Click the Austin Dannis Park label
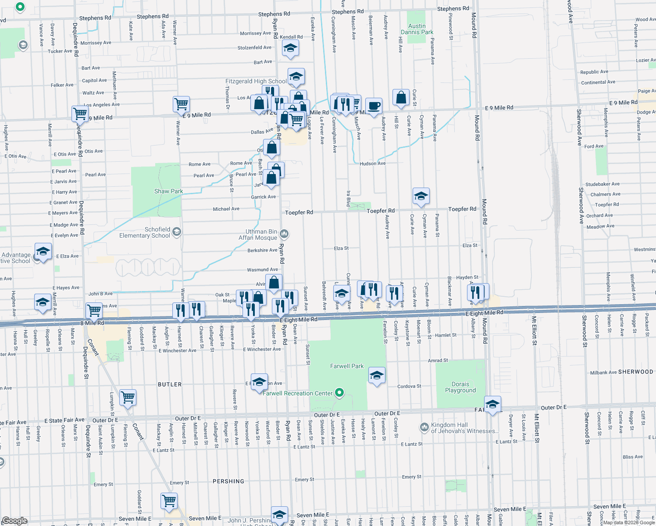pos(417,29)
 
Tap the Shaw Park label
pos(168,191)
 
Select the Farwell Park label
pos(346,366)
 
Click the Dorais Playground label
pos(460,387)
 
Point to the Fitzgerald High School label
pos(256,81)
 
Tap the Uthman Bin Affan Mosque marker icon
pos(284,234)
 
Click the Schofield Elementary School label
pos(145,232)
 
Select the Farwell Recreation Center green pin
pos(339,392)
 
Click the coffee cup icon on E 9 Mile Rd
pos(374,106)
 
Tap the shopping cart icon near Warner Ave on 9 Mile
pos(181,104)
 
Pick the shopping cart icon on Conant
pos(128,398)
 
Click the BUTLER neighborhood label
pos(170,384)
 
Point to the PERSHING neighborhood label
pos(228,481)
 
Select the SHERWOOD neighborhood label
pos(635,372)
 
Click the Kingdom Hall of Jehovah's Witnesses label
pos(464,428)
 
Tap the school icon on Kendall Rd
pos(290,48)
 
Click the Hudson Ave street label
pos(372,163)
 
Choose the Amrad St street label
pos(438,360)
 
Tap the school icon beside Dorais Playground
pos(492,404)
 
